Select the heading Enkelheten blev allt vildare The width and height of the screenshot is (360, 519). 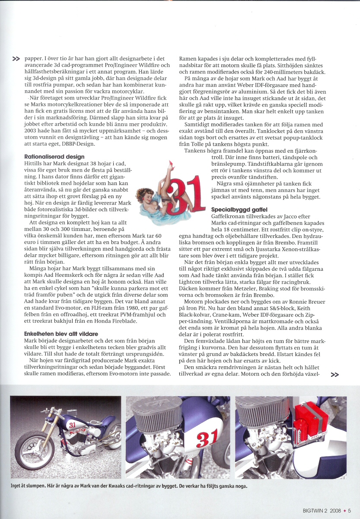tap(61, 334)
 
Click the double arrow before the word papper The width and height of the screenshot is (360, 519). tap(16, 58)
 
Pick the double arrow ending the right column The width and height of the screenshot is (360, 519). tap(335, 375)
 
